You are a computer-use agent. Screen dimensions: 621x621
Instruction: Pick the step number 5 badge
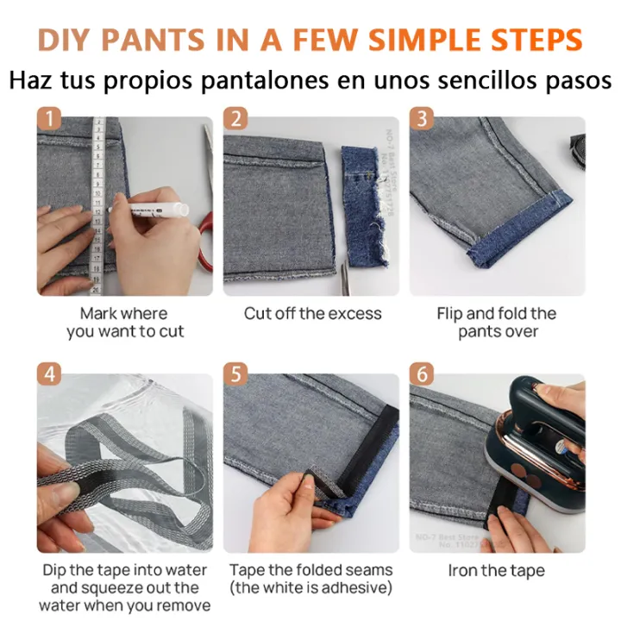(235, 374)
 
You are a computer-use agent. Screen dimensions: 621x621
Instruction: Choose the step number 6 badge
(422, 374)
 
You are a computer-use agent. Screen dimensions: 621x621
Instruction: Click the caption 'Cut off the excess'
(311, 314)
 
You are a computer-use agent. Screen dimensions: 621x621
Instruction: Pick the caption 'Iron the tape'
(497, 570)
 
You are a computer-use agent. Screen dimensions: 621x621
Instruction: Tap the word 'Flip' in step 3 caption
(453, 314)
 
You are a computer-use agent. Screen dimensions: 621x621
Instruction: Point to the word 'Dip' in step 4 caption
(57, 570)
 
